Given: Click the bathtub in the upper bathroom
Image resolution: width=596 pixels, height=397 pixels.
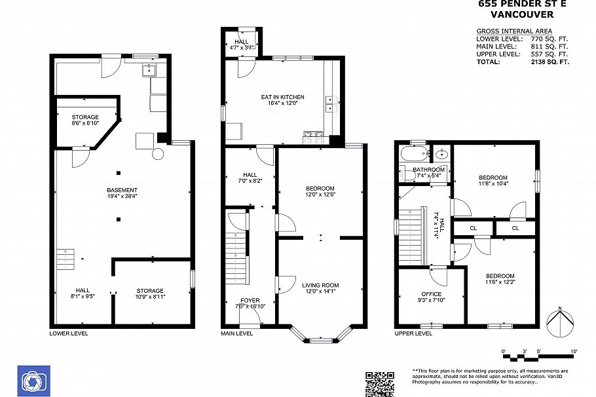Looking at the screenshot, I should pyautogui.click(x=413, y=155).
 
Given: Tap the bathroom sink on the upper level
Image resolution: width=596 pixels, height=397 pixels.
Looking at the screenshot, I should pyautogui.click(x=442, y=155).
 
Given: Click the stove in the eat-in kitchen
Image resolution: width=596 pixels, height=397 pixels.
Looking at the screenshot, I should pyautogui.click(x=313, y=137).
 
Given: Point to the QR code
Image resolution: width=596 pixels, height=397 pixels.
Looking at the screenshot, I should pyautogui.click(x=379, y=383).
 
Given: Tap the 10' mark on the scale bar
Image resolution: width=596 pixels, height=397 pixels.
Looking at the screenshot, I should pyautogui.click(x=574, y=352).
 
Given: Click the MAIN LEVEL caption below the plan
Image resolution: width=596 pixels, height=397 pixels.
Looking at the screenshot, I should pyautogui.click(x=237, y=333).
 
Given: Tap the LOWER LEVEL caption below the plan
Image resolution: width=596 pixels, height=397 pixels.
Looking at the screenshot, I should pyautogui.click(x=69, y=333).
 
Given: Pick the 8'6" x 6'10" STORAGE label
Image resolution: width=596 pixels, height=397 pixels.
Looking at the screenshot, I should pyautogui.click(x=84, y=120).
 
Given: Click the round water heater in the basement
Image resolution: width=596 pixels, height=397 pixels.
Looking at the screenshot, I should pyautogui.click(x=158, y=155).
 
